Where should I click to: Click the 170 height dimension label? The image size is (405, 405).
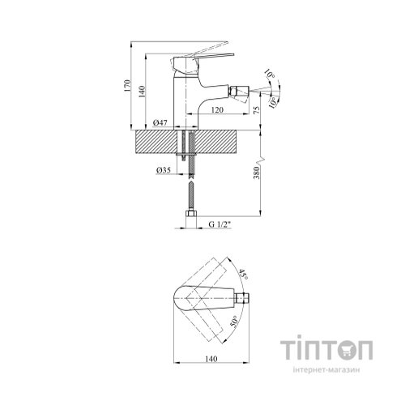click(x=127, y=86)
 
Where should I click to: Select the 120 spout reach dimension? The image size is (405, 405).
click(x=217, y=110)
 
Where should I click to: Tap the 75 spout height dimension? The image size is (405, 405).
click(x=257, y=109)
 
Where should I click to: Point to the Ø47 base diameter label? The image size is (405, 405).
click(x=160, y=123)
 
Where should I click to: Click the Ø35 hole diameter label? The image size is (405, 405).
click(x=164, y=170)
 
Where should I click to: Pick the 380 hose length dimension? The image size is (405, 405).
click(x=257, y=173)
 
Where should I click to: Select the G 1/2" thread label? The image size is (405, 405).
click(x=220, y=224)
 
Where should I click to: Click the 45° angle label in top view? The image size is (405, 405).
click(x=243, y=274)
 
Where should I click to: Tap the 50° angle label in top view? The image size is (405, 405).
click(x=234, y=322)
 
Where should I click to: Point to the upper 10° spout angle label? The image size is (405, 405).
click(x=270, y=74)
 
